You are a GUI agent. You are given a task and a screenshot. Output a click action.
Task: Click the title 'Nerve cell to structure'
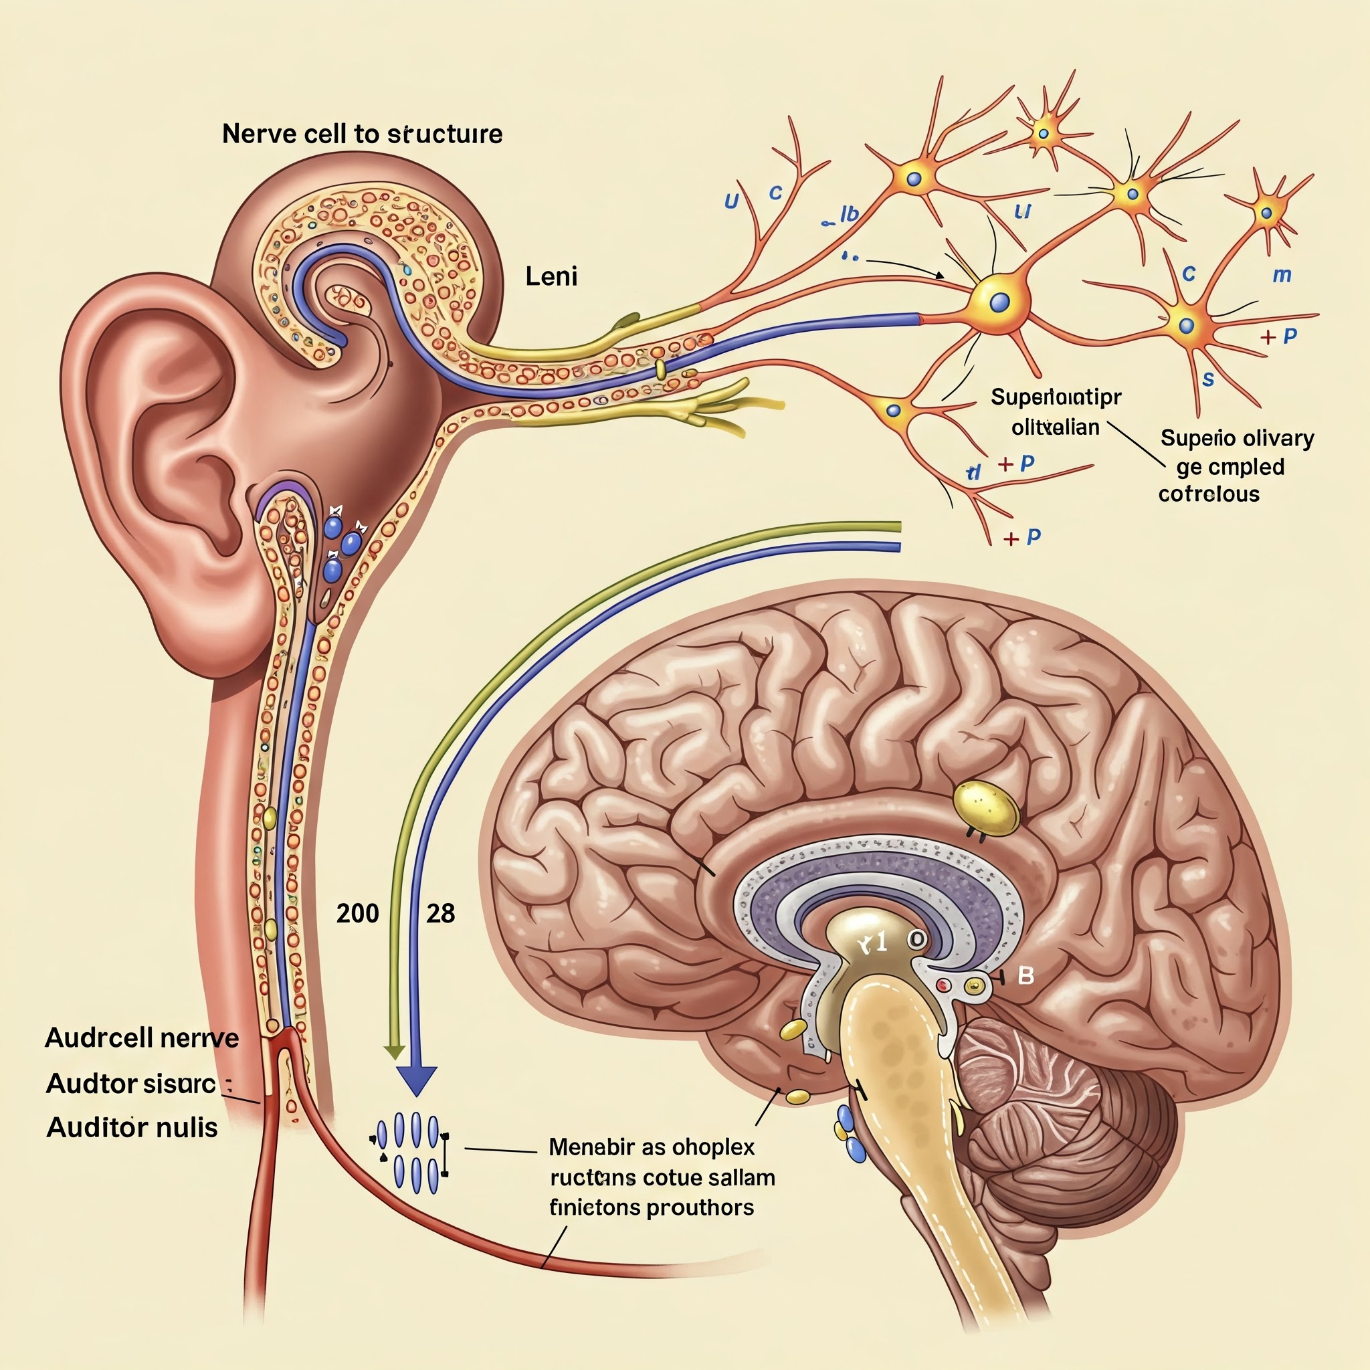pos(362,134)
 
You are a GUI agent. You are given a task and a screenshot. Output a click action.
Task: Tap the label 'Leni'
pos(551,276)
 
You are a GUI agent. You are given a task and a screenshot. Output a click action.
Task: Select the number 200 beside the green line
pos(357,913)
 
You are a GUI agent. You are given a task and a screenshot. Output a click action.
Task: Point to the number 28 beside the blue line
pos(440,913)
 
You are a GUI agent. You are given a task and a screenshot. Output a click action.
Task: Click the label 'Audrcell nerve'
pos(142,1038)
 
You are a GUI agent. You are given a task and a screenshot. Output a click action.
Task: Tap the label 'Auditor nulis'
pos(132,1127)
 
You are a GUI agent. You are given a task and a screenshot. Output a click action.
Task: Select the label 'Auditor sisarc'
pos(130,1084)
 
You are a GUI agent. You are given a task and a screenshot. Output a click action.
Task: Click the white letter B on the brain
pos(1025,977)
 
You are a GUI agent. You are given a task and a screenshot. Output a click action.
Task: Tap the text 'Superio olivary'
pos(1237,438)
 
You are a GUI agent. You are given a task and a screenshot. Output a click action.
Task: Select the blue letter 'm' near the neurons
pos(1281,274)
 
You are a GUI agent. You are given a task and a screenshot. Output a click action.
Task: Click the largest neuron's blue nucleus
pos(999,303)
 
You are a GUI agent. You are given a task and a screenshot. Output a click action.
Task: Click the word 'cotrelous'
pos(1208,494)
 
